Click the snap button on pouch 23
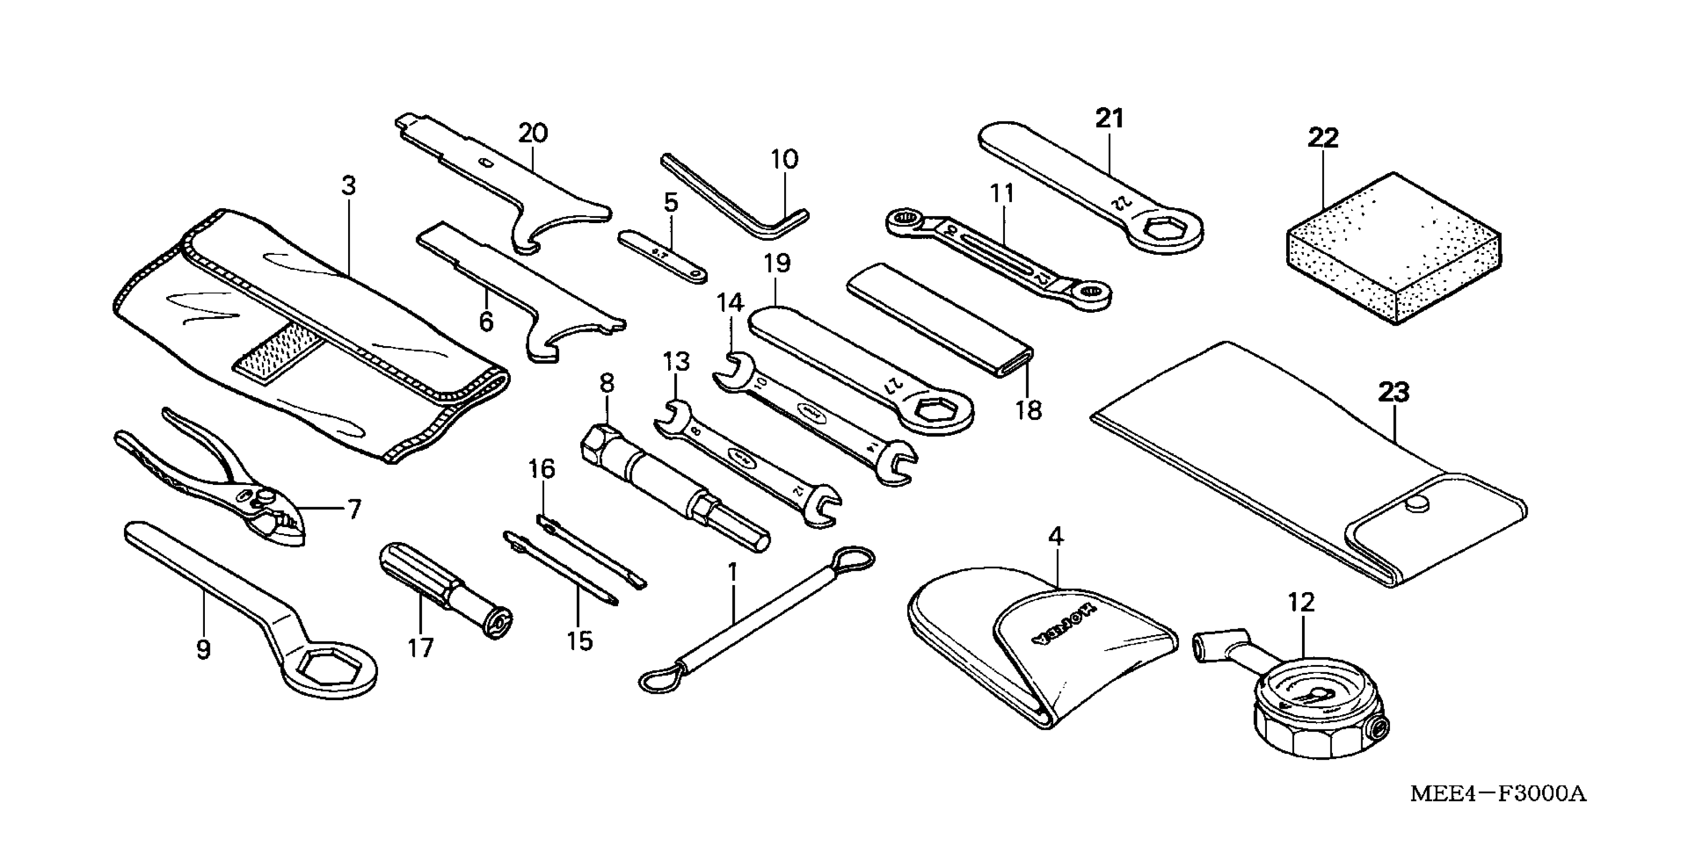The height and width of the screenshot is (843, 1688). [1415, 503]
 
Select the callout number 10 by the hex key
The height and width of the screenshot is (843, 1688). [784, 159]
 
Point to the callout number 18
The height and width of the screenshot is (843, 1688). [1028, 411]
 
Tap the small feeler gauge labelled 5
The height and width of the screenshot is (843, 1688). [662, 256]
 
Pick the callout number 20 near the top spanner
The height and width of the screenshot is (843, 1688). [533, 133]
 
